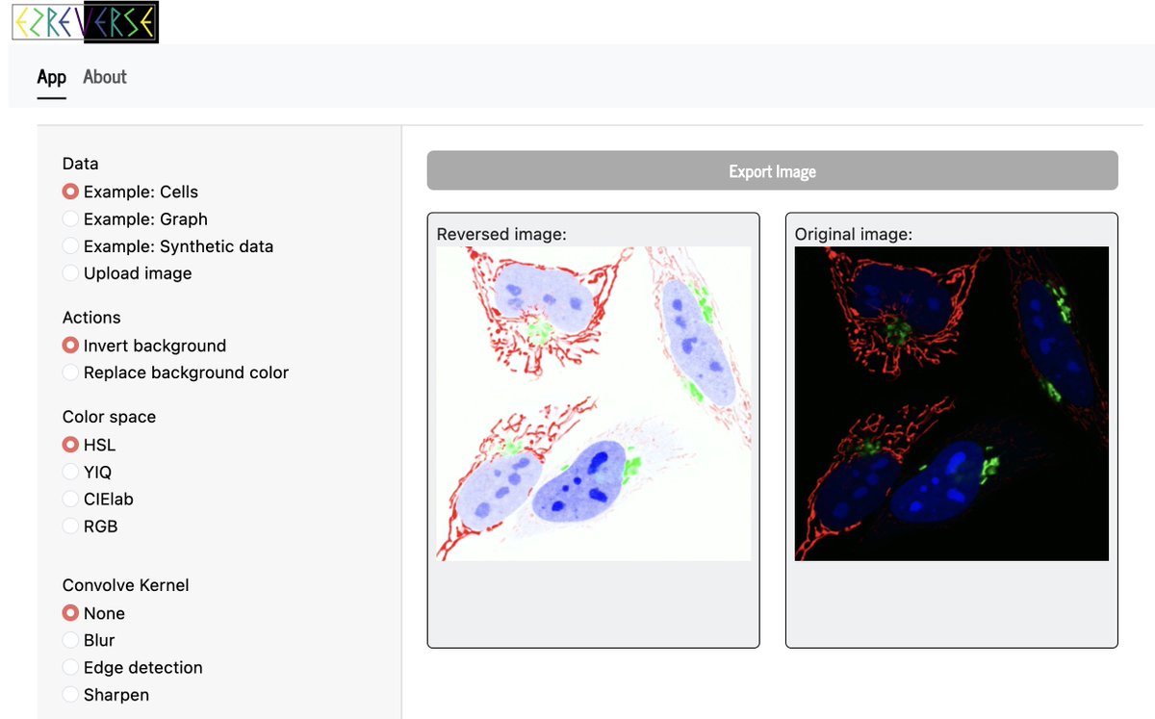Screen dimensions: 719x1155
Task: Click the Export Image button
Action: (772, 171)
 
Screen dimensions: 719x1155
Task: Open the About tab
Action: (105, 77)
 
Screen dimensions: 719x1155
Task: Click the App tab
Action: (51, 77)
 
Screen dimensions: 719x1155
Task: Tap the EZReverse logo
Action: (85, 22)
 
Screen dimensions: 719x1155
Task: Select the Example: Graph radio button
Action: (70, 219)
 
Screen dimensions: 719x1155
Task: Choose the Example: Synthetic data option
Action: (70, 246)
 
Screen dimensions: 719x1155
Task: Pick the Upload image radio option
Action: (70, 273)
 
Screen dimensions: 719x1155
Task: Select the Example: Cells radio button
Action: (70, 193)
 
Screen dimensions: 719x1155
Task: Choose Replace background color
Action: (70, 372)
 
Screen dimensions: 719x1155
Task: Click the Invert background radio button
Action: (70, 346)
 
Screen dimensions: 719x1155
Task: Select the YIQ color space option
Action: (70, 472)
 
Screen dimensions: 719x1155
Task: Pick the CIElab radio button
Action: (70, 499)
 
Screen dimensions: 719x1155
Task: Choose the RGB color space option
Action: (70, 526)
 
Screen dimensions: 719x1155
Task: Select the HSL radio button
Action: (70, 445)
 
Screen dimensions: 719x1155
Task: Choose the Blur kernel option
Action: (70, 640)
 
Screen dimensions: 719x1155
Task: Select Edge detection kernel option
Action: (70, 667)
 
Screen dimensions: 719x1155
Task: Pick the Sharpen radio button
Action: (70, 695)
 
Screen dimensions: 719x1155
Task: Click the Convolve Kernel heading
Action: (125, 585)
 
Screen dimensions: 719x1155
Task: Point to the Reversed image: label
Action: (500, 234)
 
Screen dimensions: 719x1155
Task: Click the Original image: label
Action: (853, 234)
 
